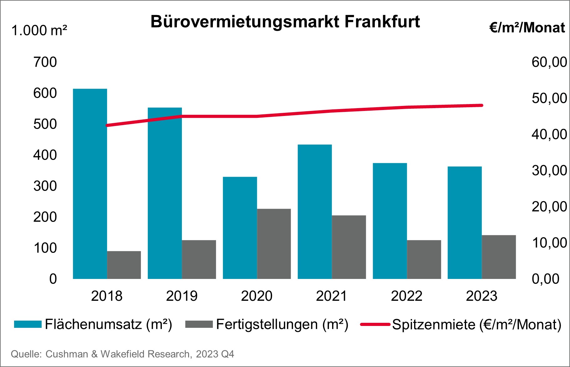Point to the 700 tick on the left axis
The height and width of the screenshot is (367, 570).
pyautogui.click(x=45, y=62)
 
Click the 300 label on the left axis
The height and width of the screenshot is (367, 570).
pyautogui.click(x=45, y=186)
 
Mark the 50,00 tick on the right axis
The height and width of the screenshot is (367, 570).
pyautogui.click(x=549, y=98)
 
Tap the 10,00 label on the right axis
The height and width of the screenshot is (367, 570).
pyautogui.click(x=549, y=243)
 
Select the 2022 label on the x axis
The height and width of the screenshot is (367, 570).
pyautogui.click(x=407, y=296)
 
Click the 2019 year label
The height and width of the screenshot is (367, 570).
pyautogui.click(x=182, y=296)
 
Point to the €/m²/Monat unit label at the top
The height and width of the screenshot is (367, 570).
pyautogui.click(x=527, y=28)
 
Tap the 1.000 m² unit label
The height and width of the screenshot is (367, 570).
pyautogui.click(x=39, y=31)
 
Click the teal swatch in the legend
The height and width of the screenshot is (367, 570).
pyautogui.click(x=28, y=324)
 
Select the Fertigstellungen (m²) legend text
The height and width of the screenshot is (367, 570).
pyautogui.click(x=282, y=324)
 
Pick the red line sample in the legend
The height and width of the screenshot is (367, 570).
pyautogui.click(x=375, y=324)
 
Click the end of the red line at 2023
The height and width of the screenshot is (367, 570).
pyautogui.click(x=481, y=105)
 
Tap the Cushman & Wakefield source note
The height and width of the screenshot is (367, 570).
pyautogui.click(x=122, y=354)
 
